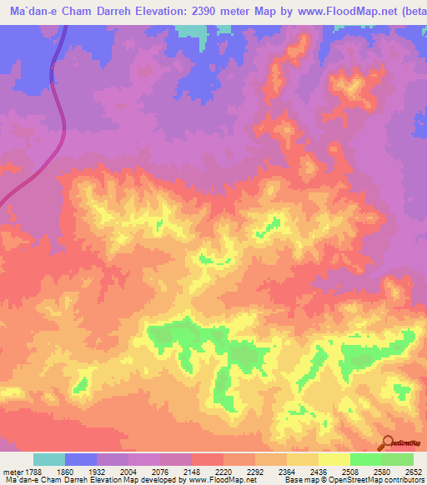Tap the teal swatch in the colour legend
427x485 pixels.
pyautogui.click(x=48, y=460)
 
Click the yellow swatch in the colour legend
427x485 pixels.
pyautogui.click(x=334, y=460)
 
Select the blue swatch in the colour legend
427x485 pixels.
pyautogui.click(x=80, y=460)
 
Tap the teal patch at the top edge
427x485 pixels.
pyautogui.click(x=193, y=31)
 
